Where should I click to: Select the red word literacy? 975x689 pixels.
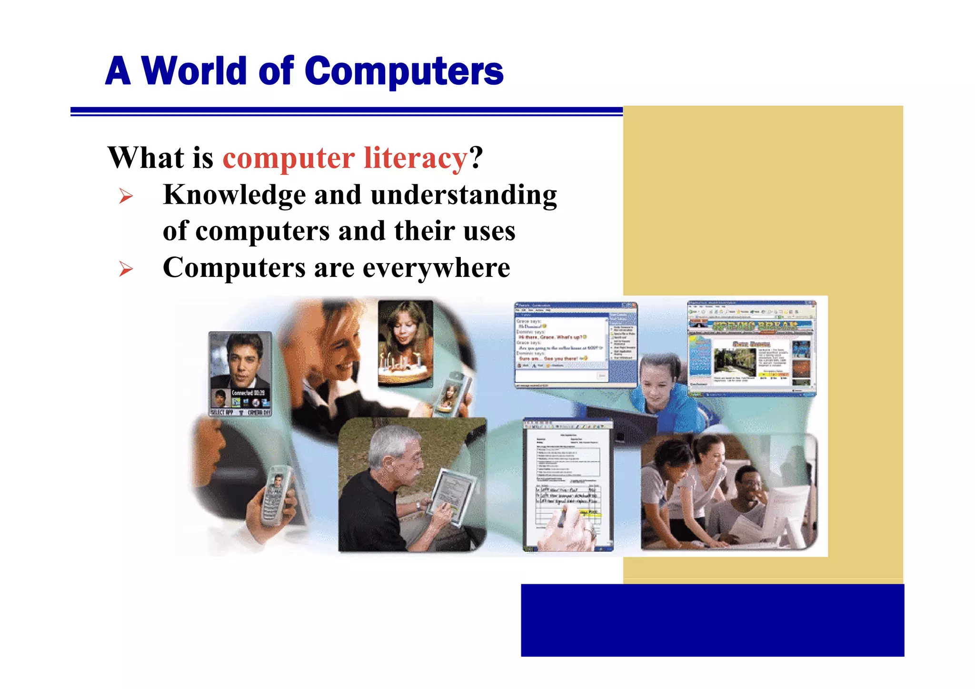pyautogui.click(x=416, y=158)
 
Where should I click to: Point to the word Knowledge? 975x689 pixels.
pyautogui.click(x=234, y=195)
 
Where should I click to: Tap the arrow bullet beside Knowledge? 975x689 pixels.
pyautogui.click(x=126, y=196)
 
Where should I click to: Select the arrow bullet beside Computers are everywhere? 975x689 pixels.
pyautogui.click(x=126, y=269)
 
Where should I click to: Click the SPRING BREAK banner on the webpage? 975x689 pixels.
pyautogui.click(x=755, y=326)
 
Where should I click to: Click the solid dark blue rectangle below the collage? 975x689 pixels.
pyautogui.click(x=712, y=620)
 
